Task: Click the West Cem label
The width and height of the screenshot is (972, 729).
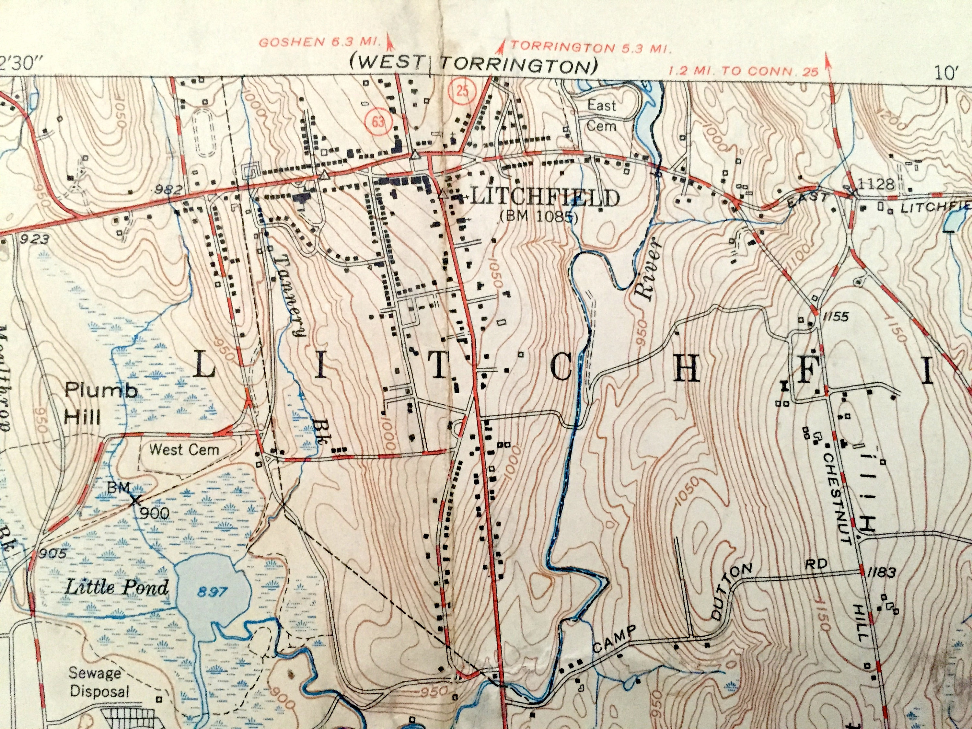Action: point(184,449)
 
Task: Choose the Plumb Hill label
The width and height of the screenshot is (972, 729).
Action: point(101,403)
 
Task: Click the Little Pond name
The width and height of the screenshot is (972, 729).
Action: point(116,587)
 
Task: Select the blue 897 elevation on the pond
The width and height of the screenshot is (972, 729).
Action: point(212,592)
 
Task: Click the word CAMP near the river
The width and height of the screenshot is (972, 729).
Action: point(615,639)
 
